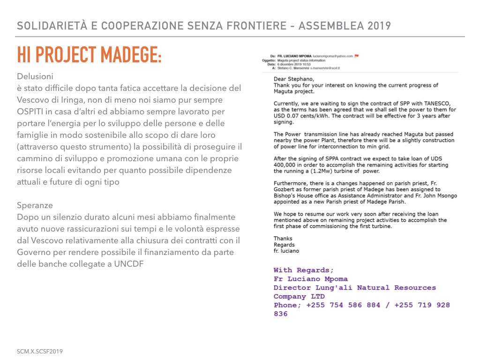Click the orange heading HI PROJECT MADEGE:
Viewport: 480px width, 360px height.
(x=89, y=55)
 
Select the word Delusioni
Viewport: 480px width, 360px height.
(x=35, y=76)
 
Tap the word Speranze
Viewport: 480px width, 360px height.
(x=35, y=205)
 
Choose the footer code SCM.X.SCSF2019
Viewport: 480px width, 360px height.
(x=40, y=351)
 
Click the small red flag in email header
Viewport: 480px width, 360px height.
(x=357, y=56)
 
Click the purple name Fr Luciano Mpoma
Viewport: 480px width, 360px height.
(x=310, y=279)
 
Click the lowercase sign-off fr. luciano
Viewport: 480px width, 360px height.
(x=286, y=250)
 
